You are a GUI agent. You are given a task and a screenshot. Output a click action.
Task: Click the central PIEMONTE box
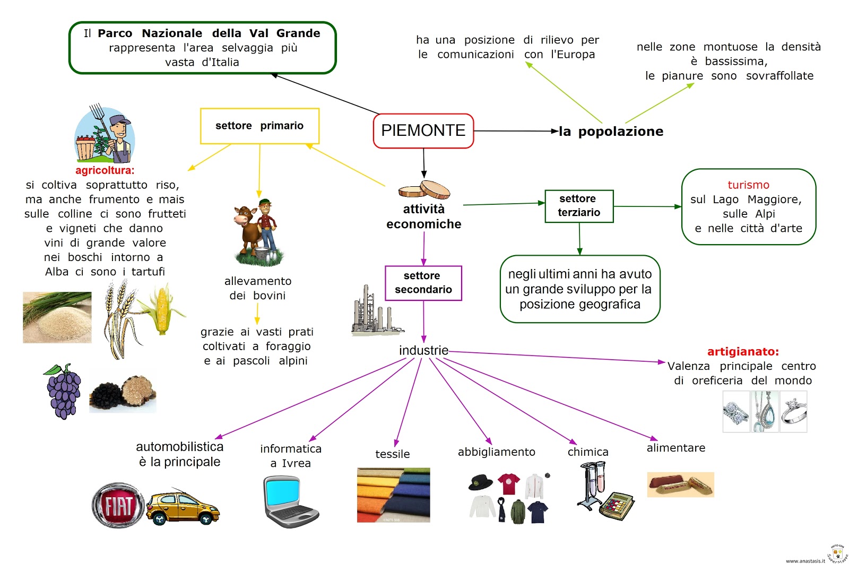click(423, 131)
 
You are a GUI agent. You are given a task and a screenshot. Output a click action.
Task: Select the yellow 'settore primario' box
click(259, 126)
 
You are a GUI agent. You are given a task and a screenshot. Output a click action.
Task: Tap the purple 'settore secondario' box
click(423, 283)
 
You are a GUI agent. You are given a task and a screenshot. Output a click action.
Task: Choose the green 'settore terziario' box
click(579, 206)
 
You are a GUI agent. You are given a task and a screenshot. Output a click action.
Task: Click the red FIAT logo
click(118, 506)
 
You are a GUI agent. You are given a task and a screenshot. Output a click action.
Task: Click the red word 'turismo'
click(748, 185)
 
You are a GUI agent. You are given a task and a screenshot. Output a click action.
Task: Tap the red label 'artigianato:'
click(743, 352)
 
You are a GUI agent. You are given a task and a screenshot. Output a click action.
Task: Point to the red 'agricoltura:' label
click(105, 170)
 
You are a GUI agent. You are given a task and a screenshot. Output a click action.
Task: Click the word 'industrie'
click(423, 351)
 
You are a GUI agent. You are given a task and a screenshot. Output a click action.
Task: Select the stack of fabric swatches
click(393, 494)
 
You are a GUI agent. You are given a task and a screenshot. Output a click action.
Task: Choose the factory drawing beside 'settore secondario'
click(373, 312)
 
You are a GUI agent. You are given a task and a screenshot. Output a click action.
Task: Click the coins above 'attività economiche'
click(424, 189)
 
